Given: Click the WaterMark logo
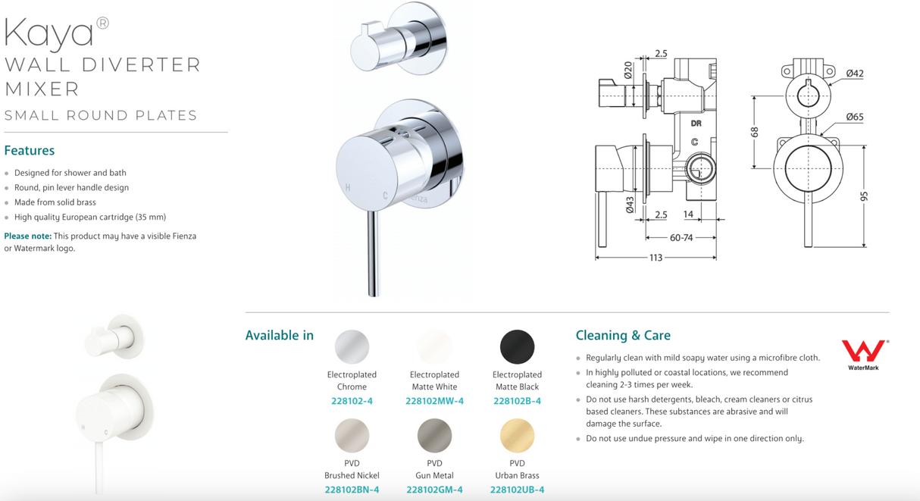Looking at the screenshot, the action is click(x=865, y=355).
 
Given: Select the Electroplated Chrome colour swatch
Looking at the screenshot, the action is click(x=352, y=346).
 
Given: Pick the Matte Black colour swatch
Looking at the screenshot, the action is click(x=517, y=346).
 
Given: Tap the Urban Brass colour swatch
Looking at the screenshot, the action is click(x=517, y=436).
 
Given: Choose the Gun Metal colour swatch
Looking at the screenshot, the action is click(x=434, y=436).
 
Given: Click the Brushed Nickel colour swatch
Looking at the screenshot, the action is click(x=352, y=436).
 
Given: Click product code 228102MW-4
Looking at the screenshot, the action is click(x=434, y=401).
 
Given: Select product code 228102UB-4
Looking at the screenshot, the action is click(x=517, y=490).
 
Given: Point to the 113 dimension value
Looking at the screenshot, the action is click(x=656, y=258).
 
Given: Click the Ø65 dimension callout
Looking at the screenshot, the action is click(x=855, y=117).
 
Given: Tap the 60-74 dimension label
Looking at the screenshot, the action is click(x=681, y=238).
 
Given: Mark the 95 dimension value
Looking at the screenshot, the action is click(x=864, y=196).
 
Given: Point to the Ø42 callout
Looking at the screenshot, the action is click(x=855, y=74).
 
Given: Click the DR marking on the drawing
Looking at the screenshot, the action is click(x=696, y=124).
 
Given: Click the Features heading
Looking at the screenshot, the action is click(x=29, y=151).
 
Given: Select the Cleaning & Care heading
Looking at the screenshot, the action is click(x=623, y=336).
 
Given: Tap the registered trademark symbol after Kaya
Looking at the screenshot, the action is click(x=102, y=23).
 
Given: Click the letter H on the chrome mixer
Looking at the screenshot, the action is click(x=348, y=188).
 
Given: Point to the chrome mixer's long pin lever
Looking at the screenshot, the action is click(x=374, y=254).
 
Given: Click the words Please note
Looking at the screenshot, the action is click(x=28, y=236).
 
